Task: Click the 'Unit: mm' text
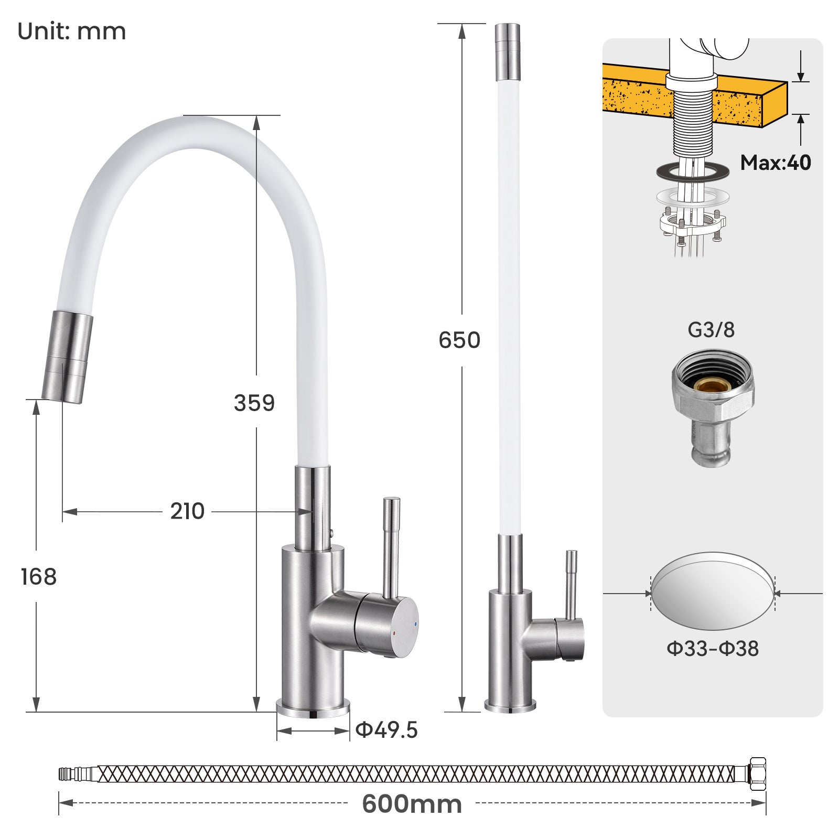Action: coord(72,31)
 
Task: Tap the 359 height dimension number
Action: coord(254,403)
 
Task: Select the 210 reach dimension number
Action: coord(187,511)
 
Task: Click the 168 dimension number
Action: coord(38,577)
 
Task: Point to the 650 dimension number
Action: coord(459,340)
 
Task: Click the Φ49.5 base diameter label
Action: coord(386,730)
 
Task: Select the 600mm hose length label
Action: coord(412,804)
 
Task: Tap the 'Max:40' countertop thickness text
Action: coord(775,163)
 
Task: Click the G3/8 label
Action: coord(711,330)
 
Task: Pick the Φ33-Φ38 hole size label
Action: coord(713,649)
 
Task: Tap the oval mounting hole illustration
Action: coord(713,593)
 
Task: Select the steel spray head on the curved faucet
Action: coord(67,357)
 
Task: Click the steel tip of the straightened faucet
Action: coord(508,50)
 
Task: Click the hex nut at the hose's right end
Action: coord(757,774)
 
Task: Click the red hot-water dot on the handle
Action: coord(394,634)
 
